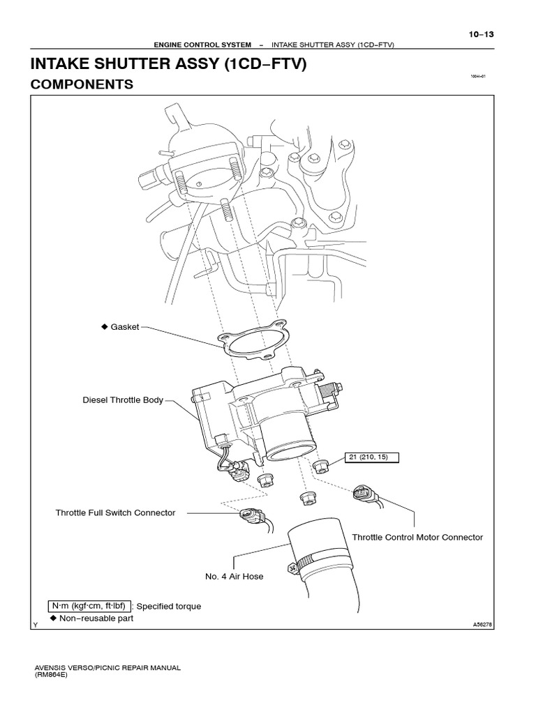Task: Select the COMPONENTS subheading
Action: [82, 84]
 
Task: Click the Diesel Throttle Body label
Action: [123, 400]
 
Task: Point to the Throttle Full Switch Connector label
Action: [115, 512]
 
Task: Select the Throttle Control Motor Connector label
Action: [417, 538]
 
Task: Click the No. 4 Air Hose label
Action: [234, 577]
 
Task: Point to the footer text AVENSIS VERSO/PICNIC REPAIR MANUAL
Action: [107, 667]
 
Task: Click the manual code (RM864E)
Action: [53, 675]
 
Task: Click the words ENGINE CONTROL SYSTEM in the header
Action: [193, 45]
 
